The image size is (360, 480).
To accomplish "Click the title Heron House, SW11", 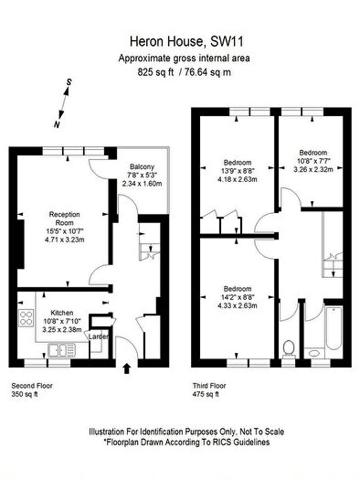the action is (186, 42).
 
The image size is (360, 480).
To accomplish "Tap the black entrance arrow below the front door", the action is (127, 368).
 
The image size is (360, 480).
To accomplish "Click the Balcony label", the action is (142, 166).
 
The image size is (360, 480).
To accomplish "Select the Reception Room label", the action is (65, 219).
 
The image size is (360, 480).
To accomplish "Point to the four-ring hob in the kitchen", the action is (26, 318).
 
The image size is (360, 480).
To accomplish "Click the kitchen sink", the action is (61, 350).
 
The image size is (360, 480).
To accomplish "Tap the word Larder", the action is (99, 336).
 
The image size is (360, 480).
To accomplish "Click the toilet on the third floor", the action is (289, 349).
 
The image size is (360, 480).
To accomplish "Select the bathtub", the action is (334, 327).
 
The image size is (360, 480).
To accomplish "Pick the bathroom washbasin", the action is (314, 353).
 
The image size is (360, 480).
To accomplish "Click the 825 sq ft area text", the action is (155, 72).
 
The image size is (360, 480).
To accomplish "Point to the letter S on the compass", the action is (69, 82).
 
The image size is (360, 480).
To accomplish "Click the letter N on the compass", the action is (57, 124).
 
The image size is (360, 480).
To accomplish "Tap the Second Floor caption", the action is (32, 386).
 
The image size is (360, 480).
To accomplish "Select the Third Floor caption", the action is (209, 386).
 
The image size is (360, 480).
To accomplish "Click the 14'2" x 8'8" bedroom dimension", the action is (238, 297).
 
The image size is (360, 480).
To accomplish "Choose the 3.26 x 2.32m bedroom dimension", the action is (313, 169).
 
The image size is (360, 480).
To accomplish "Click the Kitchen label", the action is (62, 313).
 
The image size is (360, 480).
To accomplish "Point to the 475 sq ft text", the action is (206, 394).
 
